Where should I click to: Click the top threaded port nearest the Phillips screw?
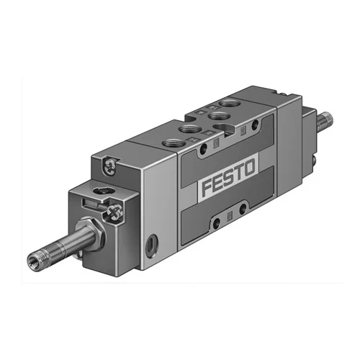pyautogui.click(x=174, y=143)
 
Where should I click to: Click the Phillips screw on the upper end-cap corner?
pyautogui.click(x=109, y=166)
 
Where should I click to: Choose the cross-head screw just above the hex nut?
pyautogui.click(x=114, y=212)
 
